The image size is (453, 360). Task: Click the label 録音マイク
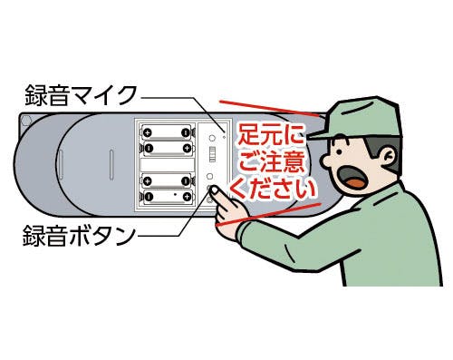coord(81,95)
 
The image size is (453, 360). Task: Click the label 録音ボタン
coord(79,236)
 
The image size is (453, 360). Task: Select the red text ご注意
coord(271,163)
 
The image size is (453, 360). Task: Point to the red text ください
coord(274,190)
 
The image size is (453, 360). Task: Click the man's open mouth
coord(353,179)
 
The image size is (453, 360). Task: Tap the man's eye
coord(339,151)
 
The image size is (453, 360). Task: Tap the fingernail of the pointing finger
coord(214,190)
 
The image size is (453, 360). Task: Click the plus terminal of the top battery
coord(148,133)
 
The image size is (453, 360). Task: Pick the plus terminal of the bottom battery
coord(187,197)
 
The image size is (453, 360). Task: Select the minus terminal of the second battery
coord(149,148)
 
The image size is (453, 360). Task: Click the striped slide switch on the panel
coord(212,154)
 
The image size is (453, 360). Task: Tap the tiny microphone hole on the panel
coord(224,137)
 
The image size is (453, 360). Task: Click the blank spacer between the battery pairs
coord(167,165)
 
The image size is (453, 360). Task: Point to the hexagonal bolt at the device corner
coord(26,121)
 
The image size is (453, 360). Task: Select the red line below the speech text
coord(267,214)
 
